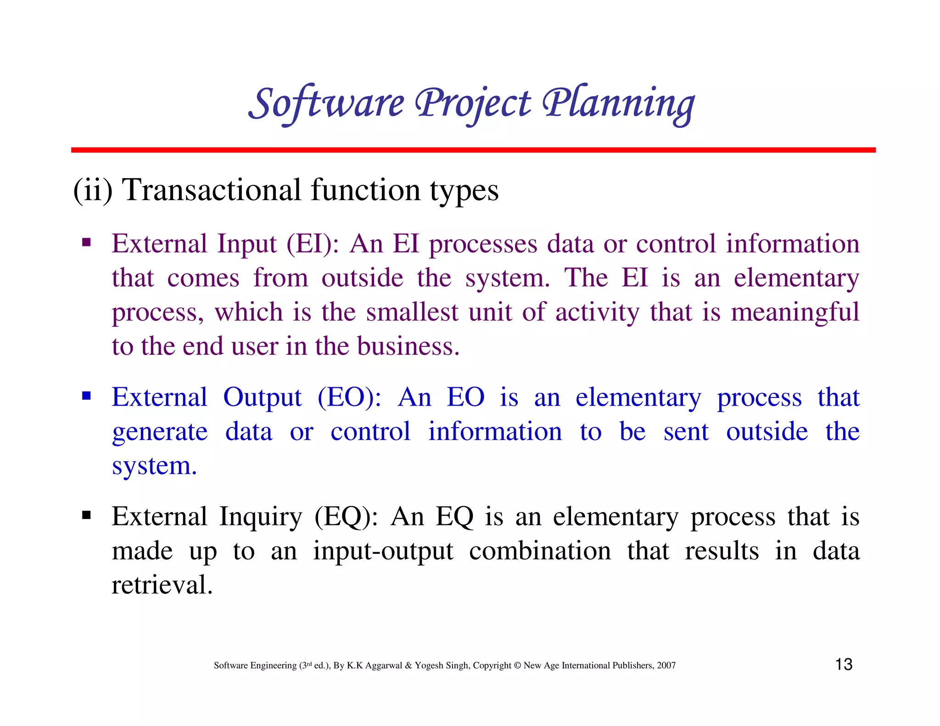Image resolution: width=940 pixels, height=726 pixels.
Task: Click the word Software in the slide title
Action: point(326,103)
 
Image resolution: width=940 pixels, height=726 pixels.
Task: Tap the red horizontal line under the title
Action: point(473,150)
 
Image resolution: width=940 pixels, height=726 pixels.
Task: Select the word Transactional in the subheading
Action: point(212,190)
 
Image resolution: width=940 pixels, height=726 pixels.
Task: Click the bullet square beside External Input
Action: point(86,242)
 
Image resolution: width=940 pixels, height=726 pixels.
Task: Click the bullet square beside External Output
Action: point(86,395)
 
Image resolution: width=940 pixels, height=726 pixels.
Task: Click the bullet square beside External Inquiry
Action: point(86,515)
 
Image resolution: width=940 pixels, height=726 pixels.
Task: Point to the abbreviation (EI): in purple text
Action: point(312,244)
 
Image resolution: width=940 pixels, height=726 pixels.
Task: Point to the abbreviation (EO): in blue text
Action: point(349,397)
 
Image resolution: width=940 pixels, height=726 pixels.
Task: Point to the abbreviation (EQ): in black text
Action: point(346,517)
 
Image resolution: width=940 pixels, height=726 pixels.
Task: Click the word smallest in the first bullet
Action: point(412,312)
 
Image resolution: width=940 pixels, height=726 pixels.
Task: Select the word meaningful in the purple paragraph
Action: point(795,312)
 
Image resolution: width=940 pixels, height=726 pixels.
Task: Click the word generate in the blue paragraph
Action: point(160,432)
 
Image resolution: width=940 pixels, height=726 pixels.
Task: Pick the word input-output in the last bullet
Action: point(383,551)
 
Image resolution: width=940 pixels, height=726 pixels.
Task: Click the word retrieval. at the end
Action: point(162,585)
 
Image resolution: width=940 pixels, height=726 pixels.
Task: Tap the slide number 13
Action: point(844,665)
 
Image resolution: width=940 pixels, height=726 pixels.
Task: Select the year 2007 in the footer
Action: point(666,665)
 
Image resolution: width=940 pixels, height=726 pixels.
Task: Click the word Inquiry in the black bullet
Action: point(260,517)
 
